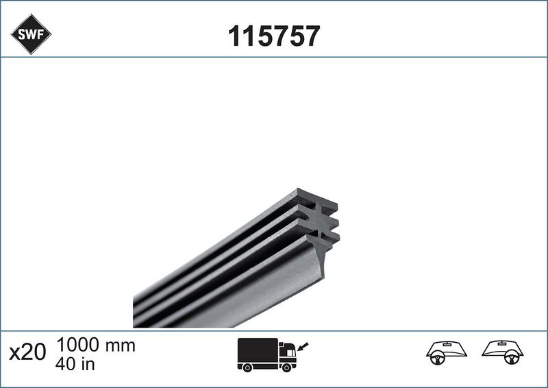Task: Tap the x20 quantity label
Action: click(x=27, y=353)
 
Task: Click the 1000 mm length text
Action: click(x=95, y=345)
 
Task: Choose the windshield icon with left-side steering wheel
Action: click(x=447, y=352)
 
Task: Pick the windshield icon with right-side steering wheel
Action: click(x=503, y=352)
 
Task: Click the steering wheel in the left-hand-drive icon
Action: click(x=435, y=357)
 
